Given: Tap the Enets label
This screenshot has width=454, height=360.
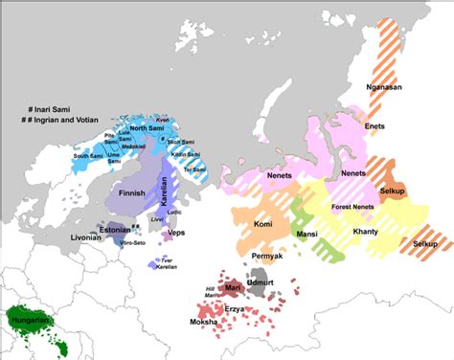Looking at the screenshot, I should [376, 125].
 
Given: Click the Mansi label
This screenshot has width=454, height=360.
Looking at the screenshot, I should [308, 234].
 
